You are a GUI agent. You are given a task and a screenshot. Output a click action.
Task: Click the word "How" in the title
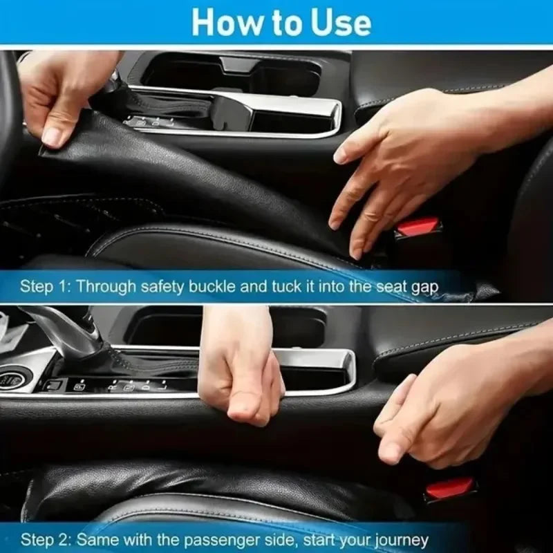(x=222, y=22)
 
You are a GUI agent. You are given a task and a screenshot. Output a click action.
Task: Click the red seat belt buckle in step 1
(x=418, y=227)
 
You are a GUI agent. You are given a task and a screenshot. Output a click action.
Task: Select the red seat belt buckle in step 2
(x=450, y=488)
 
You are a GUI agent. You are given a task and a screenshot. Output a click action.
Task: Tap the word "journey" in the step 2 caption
(x=402, y=540)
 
